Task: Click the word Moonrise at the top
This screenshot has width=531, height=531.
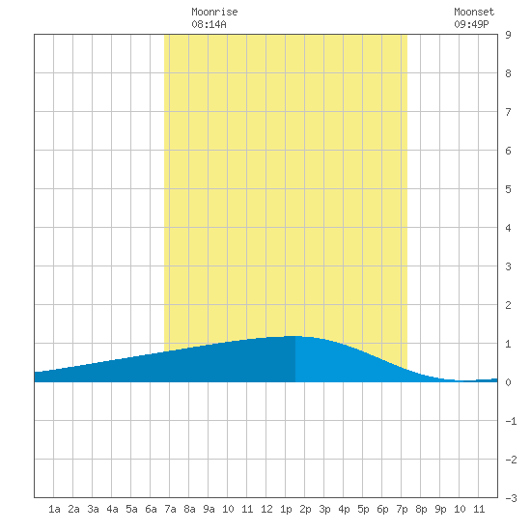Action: click(x=214, y=12)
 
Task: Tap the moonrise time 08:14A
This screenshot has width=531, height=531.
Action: click(x=209, y=24)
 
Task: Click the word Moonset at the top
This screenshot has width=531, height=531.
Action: click(x=474, y=12)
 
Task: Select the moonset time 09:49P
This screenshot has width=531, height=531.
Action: click(x=471, y=24)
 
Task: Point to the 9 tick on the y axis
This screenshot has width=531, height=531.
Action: click(x=508, y=35)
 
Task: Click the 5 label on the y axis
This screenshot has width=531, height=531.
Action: click(x=508, y=189)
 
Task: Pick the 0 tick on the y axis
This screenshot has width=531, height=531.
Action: click(x=508, y=382)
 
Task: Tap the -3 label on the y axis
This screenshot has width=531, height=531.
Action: click(x=511, y=498)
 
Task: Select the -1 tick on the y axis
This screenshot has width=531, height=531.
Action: click(x=511, y=421)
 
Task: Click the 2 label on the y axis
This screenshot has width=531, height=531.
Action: click(x=508, y=305)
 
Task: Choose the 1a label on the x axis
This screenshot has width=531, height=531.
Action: click(x=54, y=509)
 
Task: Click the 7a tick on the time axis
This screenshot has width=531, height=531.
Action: click(x=170, y=509)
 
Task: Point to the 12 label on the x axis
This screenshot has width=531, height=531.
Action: click(x=266, y=509)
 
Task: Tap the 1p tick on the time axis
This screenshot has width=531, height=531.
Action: click(x=286, y=509)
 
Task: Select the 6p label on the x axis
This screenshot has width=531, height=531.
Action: click(x=382, y=509)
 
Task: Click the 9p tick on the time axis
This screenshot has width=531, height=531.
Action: click(x=440, y=509)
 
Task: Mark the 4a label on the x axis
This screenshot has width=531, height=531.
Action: click(x=112, y=509)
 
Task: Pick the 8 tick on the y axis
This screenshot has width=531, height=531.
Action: click(x=508, y=73)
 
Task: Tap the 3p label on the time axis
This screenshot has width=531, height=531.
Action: click(x=324, y=509)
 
